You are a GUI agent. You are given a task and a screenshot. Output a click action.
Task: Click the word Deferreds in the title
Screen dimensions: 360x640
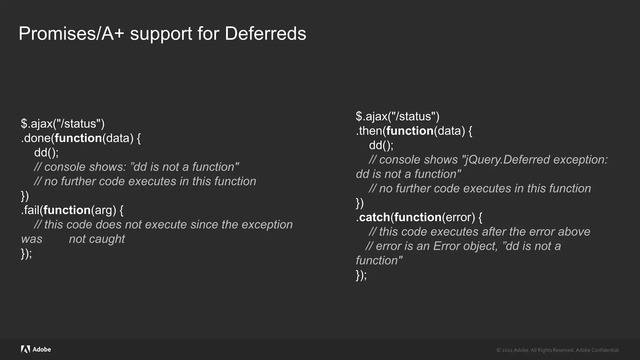coord(265,33)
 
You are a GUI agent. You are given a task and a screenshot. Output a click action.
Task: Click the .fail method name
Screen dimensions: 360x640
coord(30,210)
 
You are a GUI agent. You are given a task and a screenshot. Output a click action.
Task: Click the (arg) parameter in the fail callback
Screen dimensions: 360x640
coord(103,210)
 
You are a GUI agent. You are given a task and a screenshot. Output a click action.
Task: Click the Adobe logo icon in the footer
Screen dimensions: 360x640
coord(25,349)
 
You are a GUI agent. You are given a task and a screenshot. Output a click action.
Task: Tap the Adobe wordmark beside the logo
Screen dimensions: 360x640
coord(42,349)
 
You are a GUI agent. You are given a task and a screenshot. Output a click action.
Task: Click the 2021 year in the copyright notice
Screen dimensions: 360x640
coord(507,350)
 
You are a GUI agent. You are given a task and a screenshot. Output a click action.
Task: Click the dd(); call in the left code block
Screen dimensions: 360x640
coord(46,152)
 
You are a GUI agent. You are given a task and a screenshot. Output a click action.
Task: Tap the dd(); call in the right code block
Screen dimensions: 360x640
coord(381,145)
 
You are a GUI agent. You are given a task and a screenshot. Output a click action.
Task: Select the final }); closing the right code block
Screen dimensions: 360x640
coord(361,275)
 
